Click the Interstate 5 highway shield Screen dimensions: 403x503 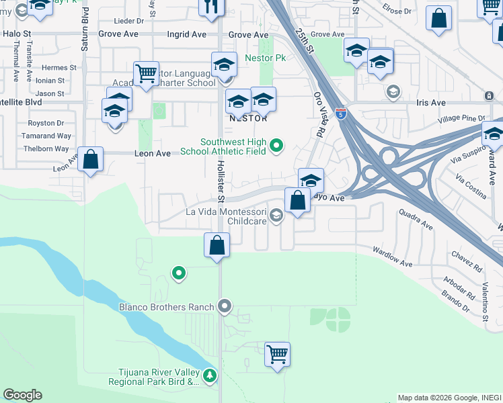[x=341, y=115]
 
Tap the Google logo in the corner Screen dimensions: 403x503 [x=22, y=395]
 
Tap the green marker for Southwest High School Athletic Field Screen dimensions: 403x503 [x=276, y=145]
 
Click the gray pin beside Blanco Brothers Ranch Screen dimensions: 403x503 [x=225, y=307]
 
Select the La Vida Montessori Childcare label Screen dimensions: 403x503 [x=227, y=216]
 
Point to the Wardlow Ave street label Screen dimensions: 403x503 [x=393, y=257]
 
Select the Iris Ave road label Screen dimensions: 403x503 [x=431, y=103]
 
